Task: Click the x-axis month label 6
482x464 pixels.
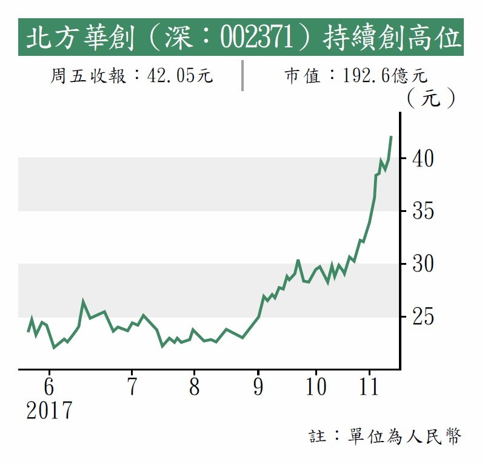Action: pos(49,387)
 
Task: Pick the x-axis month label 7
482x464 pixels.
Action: pos(132,387)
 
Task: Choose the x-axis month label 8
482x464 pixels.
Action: pos(194,387)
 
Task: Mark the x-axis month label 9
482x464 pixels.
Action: pos(258,387)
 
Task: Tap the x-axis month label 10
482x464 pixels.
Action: pos(316,387)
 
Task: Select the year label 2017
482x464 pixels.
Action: pos(49,411)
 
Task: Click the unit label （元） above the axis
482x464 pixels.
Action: pos(431,98)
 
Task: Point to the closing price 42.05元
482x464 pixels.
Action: pos(179,76)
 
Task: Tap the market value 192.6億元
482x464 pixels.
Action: pos(385,76)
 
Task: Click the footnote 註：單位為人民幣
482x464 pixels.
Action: pos(386,436)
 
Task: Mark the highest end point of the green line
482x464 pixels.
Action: pos(391,137)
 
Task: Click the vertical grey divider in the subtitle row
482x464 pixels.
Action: pos(242,75)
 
